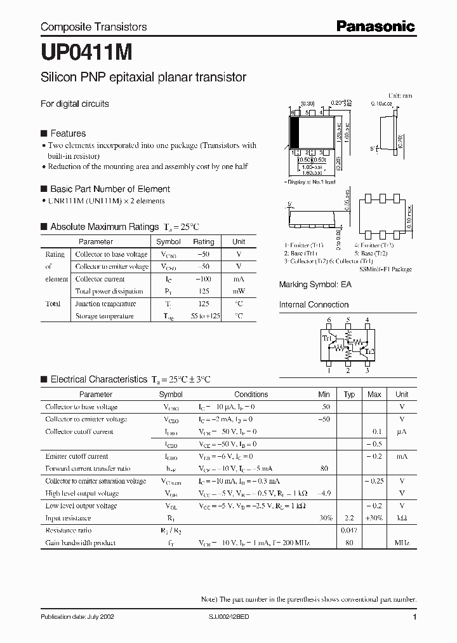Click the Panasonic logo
pyautogui.click(x=375, y=26)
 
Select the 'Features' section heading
pyautogui.click(x=67, y=133)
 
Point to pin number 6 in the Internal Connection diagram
pyautogui.click(x=329, y=320)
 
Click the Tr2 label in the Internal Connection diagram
pyautogui.click(x=369, y=351)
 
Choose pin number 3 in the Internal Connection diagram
pyautogui.click(x=367, y=371)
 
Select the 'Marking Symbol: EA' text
pyautogui.click(x=315, y=285)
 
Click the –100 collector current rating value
pyautogui.click(x=203, y=279)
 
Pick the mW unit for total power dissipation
pyautogui.click(x=239, y=292)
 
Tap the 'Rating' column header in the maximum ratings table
pyautogui.click(x=203, y=242)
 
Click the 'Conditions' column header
pyautogui.click(x=251, y=395)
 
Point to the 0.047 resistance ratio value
pyautogui.click(x=349, y=530)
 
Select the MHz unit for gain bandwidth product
pyautogui.click(x=402, y=543)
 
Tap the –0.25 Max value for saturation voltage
pyautogui.click(x=374, y=481)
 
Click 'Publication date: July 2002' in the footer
pyautogui.click(x=77, y=617)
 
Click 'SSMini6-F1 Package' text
pyautogui.click(x=385, y=269)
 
